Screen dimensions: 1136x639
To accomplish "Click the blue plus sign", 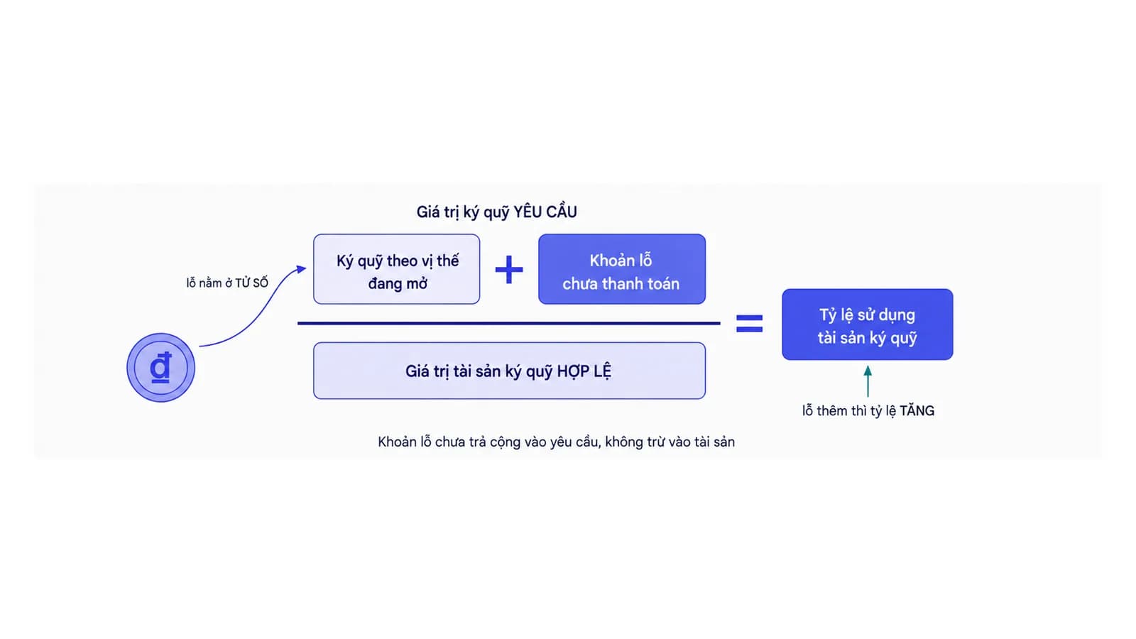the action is [508, 269].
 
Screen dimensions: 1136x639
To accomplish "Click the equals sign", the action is [749, 324].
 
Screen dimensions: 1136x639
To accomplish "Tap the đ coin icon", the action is [160, 367].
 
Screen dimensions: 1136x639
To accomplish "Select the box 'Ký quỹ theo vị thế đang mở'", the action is [397, 269].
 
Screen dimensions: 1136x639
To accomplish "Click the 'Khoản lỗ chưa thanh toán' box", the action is [622, 269].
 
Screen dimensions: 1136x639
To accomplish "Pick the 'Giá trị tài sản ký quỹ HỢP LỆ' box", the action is [509, 371].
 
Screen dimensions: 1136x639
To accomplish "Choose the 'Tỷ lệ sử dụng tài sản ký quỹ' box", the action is [867, 324].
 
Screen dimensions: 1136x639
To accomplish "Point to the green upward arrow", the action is [868, 381].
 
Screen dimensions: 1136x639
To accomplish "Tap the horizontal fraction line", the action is [508, 323].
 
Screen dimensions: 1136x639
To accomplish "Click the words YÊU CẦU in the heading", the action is [545, 212].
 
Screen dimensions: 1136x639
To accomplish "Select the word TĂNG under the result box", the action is [917, 411].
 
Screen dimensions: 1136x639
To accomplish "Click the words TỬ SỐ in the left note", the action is [251, 283].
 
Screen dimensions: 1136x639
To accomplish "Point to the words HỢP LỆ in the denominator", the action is [584, 371].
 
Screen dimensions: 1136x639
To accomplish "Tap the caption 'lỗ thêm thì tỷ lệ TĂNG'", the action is [868, 411].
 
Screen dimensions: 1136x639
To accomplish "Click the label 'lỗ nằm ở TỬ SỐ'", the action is [227, 283].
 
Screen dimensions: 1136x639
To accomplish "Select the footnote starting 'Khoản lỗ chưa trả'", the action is [557, 442].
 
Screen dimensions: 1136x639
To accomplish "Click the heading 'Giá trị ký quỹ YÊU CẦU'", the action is [496, 212].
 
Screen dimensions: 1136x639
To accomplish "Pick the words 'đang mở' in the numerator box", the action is [398, 283].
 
